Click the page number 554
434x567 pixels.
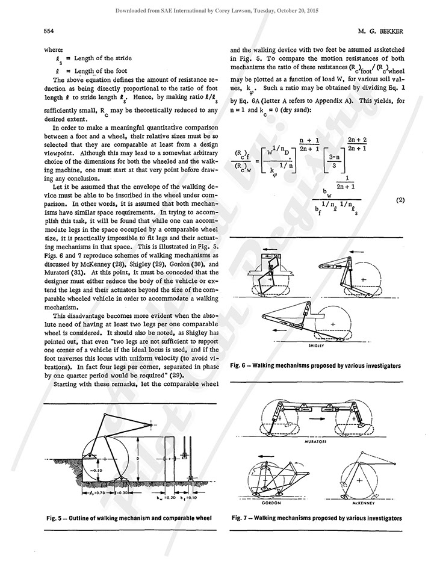coord(49,31)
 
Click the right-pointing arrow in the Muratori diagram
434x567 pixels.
coord(315,415)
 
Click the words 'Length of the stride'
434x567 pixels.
coord(101,58)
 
